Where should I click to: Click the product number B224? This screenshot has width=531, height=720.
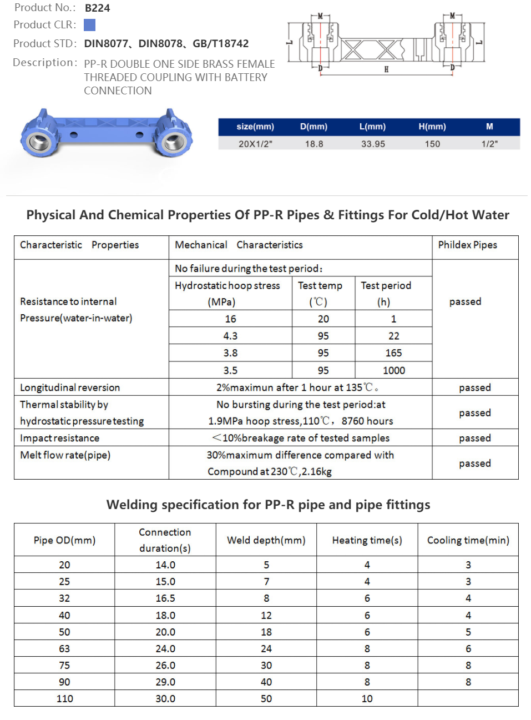coord(97,8)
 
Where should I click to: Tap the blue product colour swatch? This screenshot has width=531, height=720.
coord(89,25)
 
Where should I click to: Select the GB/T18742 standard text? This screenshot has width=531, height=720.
coord(220,43)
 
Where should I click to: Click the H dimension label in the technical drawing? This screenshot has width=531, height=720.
coord(386,69)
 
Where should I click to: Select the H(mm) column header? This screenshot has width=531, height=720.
coord(432,127)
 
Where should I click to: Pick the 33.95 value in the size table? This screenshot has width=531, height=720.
coord(373,144)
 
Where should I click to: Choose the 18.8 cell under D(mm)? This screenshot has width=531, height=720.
coord(314,144)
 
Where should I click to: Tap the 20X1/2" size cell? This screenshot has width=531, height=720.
coord(255,144)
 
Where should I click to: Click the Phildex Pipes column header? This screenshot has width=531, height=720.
coord(467,245)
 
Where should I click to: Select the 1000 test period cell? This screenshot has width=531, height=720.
coord(393,370)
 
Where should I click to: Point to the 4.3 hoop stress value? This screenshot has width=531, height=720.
coord(230,336)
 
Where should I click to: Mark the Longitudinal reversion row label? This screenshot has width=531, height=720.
coord(70,387)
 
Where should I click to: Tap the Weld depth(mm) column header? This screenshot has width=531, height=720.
coord(266,540)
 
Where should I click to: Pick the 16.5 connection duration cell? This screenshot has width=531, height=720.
coord(165,598)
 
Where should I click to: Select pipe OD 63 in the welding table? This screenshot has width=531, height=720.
coord(64,648)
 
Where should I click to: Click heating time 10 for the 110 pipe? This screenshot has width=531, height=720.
coord(367,698)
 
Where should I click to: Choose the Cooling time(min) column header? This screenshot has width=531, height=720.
coord(468,540)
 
